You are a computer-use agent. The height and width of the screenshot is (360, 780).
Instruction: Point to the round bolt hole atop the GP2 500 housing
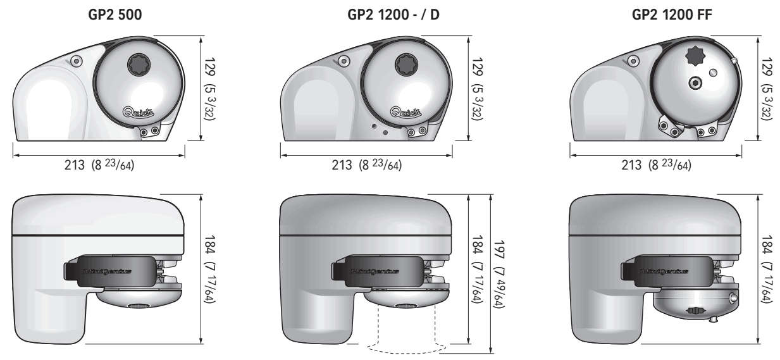click(77, 60)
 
